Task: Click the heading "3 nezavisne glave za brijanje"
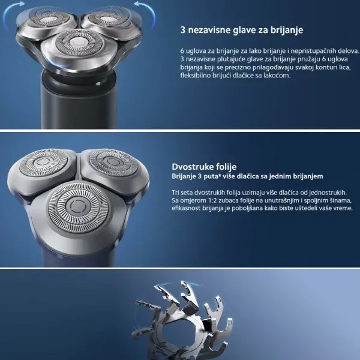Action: tap(242, 30)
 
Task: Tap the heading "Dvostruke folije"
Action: tap(204, 166)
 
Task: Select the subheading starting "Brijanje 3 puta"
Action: tap(247, 176)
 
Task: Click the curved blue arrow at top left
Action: tap(11, 12)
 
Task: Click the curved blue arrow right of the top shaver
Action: tap(146, 12)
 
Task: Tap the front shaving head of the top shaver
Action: tap(79, 46)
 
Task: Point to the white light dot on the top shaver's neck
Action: tap(98, 84)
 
